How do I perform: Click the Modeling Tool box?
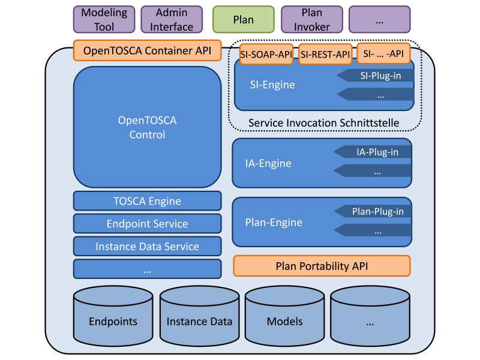click(x=104, y=19)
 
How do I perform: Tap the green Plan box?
click(x=243, y=19)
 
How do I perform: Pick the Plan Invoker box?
click(x=311, y=19)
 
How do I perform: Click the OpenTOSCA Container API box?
click(x=147, y=50)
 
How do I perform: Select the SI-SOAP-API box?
click(x=266, y=55)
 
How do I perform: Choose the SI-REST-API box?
click(x=325, y=55)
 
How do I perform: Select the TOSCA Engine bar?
click(x=147, y=201)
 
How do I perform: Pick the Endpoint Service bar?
click(x=147, y=224)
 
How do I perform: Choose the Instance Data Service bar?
click(x=147, y=246)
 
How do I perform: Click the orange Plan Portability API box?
click(x=321, y=266)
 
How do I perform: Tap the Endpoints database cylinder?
click(x=113, y=321)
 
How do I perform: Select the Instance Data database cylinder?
click(x=199, y=321)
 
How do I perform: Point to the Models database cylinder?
click(x=284, y=321)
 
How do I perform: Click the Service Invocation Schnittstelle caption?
click(x=323, y=123)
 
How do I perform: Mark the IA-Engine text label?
click(x=269, y=163)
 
